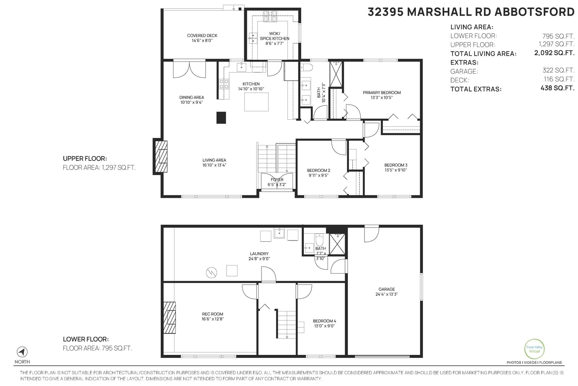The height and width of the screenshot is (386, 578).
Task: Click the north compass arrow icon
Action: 22,352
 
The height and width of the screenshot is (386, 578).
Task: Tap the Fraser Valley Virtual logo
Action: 534,349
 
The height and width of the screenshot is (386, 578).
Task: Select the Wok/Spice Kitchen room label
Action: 275,36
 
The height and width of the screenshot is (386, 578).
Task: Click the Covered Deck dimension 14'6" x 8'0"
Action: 202,41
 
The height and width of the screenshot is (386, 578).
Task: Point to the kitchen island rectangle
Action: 256,102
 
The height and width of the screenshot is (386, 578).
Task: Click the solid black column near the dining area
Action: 221,118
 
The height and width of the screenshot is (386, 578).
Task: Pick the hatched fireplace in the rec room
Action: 169,318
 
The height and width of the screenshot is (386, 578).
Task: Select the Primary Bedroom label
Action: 381,93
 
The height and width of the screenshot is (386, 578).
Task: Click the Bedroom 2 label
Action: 319,170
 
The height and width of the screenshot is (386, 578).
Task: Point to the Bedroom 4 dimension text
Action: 324,326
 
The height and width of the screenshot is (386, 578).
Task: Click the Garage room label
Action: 387,289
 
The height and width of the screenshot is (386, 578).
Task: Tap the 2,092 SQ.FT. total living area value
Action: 554,53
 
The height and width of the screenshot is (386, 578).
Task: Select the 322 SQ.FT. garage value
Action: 558,70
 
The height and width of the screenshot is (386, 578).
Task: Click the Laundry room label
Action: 259,254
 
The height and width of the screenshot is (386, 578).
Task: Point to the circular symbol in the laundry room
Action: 211,272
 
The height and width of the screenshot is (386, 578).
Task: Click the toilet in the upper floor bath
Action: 307,67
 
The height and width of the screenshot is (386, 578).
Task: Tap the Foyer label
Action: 277,179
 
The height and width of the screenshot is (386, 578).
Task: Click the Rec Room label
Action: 213,314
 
